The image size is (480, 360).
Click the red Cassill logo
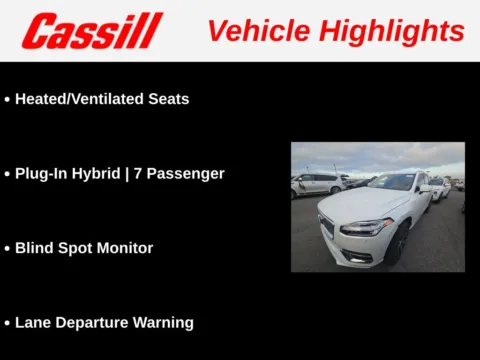click(91, 31)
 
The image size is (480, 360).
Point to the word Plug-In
click(47, 173)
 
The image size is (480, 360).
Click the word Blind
click(35, 248)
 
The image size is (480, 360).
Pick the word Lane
click(34, 322)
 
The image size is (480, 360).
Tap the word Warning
click(164, 322)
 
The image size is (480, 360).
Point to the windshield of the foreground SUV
click(391, 183)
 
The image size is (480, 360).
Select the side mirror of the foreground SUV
click(426, 188)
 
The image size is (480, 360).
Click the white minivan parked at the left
click(316, 183)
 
